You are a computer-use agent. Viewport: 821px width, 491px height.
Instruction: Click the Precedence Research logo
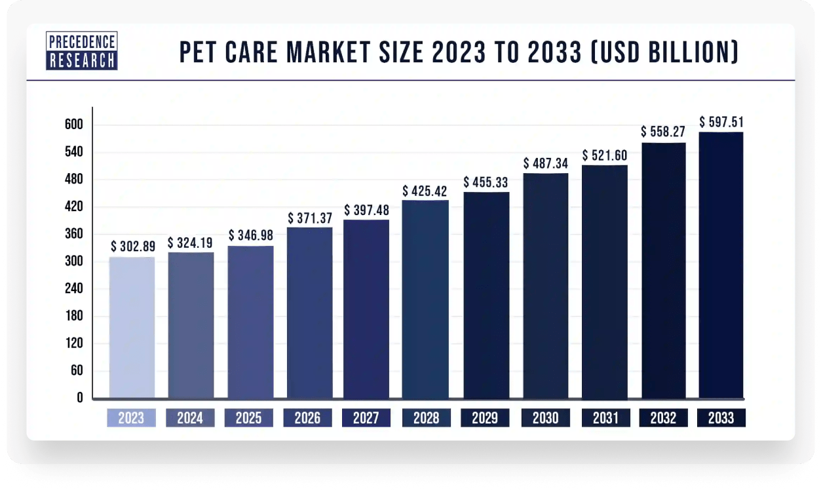(x=82, y=51)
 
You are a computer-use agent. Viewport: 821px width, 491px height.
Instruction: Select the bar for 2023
(x=132, y=327)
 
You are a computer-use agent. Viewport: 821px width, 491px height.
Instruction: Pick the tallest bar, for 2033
(x=721, y=265)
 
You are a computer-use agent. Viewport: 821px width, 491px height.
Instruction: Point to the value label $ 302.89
(x=132, y=246)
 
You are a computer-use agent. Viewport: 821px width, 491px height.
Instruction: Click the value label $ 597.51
(x=721, y=122)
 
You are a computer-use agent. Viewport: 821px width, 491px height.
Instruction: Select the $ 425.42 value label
(x=426, y=191)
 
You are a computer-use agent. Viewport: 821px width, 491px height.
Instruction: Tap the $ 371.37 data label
(x=310, y=218)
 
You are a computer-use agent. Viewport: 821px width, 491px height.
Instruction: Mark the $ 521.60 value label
(x=605, y=155)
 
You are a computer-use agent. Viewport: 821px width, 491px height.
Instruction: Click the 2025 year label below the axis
(x=249, y=418)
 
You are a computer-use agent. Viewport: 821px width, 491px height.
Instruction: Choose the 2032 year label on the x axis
(x=663, y=418)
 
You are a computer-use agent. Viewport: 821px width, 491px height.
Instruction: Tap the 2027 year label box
(x=366, y=418)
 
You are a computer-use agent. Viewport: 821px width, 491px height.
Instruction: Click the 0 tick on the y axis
(x=79, y=397)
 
